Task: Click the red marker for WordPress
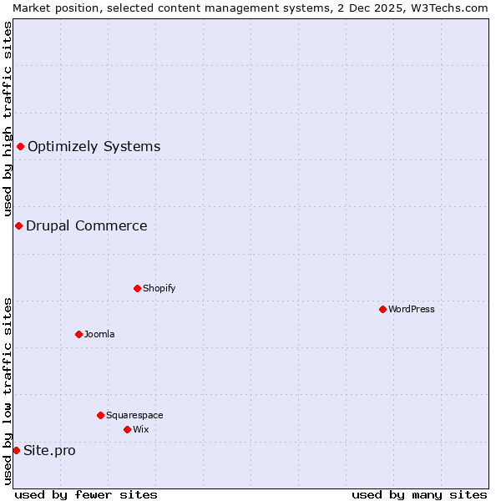(x=382, y=309)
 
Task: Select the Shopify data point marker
(x=137, y=288)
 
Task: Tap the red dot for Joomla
(x=78, y=334)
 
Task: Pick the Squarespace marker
(x=100, y=415)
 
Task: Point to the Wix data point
(x=127, y=429)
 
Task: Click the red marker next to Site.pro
(x=16, y=450)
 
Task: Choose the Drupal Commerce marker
(x=18, y=225)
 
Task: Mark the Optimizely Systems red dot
(x=20, y=146)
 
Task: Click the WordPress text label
(x=412, y=309)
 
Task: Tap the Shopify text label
(x=159, y=288)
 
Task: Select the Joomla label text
(x=99, y=334)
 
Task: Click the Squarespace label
(x=134, y=415)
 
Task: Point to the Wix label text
(x=141, y=429)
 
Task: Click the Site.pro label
(x=49, y=451)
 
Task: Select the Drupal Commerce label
(x=87, y=225)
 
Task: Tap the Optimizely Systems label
(x=94, y=146)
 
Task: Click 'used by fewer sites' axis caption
(x=86, y=494)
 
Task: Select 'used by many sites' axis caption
(x=419, y=494)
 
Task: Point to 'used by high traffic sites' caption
(x=8, y=119)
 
